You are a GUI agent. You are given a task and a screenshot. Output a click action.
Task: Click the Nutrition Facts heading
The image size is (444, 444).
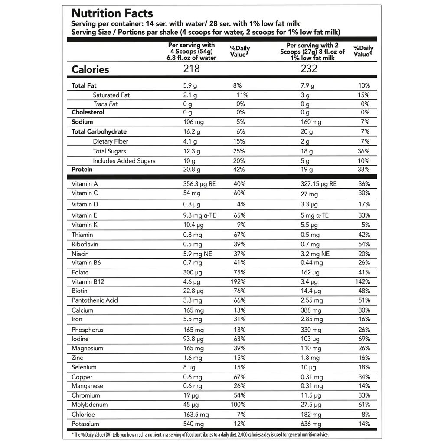coord(112,14)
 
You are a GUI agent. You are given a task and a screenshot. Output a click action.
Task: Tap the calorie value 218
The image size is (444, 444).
coord(191,69)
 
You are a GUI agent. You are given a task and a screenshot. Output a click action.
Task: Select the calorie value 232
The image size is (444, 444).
coord(309,69)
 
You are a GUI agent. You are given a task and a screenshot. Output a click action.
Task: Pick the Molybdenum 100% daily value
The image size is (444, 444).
coord(238,405)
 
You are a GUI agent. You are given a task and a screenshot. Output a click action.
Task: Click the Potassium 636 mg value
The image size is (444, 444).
coord(311,424)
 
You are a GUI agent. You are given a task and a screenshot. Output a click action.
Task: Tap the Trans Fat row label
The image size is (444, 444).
coord(105,104)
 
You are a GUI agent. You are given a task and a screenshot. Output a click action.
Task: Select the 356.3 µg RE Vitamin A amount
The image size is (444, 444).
coord(199,184)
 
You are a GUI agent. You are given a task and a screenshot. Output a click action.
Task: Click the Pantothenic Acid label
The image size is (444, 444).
coord(95,300)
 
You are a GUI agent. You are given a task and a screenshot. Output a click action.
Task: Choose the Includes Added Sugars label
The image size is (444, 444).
coord(124,161)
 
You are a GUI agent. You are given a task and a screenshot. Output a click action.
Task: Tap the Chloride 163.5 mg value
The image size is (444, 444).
coord(196,415)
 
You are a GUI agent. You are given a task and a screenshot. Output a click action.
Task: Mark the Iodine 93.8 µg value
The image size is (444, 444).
coord(193,339)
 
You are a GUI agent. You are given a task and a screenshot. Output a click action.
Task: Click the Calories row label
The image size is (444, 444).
coord(90,69)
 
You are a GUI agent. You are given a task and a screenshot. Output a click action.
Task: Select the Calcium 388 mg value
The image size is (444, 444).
coord(311,310)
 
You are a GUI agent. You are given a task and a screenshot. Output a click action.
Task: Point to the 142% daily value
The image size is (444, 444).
coord(362,282)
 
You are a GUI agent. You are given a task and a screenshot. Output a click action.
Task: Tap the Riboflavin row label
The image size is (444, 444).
coord(85,244)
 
